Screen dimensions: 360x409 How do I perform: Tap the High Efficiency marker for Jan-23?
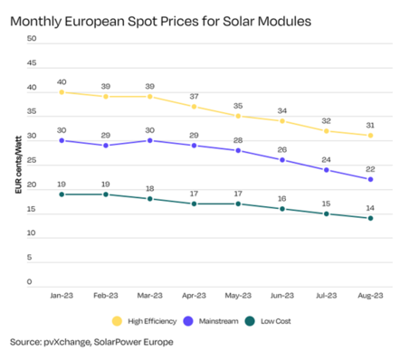(x=62, y=92)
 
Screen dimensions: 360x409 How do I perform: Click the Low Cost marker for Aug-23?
(x=370, y=218)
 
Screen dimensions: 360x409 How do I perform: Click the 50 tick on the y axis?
(x=32, y=39)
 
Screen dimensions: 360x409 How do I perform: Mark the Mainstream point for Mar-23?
(x=149, y=140)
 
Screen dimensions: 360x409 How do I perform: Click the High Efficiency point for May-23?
(x=238, y=116)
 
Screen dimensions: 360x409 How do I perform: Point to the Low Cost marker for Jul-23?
(x=326, y=213)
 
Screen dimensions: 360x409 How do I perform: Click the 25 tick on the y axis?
(x=32, y=160)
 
